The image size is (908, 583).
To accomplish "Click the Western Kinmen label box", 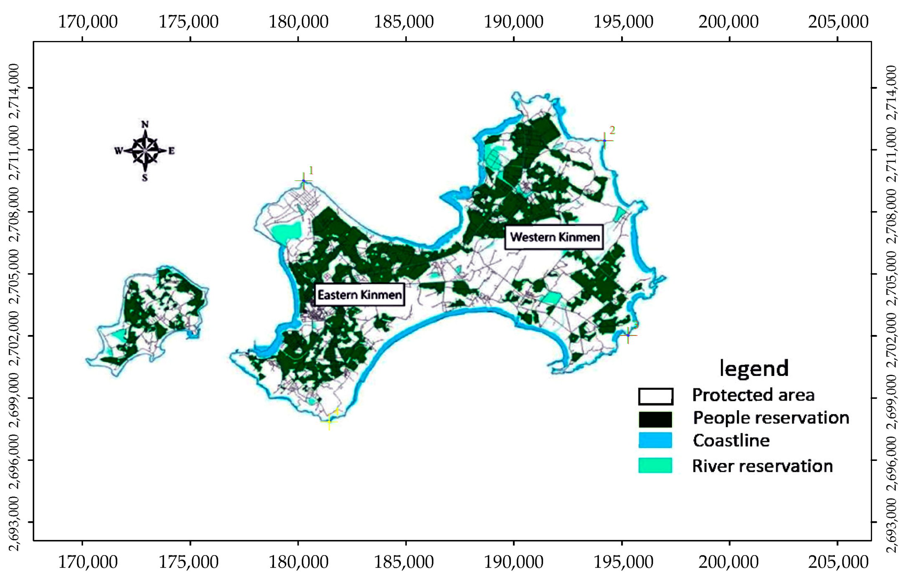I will click(554, 237).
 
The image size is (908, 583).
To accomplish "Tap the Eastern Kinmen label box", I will click(359, 295).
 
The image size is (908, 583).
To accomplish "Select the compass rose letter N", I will click(145, 124).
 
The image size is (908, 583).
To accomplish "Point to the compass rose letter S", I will click(145, 178).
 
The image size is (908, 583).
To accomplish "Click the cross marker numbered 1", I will click(304, 181).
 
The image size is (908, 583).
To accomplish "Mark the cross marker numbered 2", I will click(604, 141).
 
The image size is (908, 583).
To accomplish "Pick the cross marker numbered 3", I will click(628, 335).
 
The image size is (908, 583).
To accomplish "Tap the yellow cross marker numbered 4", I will click(329, 421).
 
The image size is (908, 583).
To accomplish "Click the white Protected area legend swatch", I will click(655, 396).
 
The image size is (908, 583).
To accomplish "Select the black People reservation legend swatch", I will click(655, 419).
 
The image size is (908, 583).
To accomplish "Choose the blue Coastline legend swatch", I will click(655, 440).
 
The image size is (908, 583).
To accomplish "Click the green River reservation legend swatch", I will click(655, 465).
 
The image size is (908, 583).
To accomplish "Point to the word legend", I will click(754, 368).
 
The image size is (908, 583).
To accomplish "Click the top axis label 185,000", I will click(403, 22).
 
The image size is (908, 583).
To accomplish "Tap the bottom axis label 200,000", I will click(728, 562).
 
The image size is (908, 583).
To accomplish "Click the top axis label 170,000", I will click(88, 22).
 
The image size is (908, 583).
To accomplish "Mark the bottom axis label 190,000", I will click(513, 562).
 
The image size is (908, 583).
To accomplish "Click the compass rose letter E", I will click(171, 151).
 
